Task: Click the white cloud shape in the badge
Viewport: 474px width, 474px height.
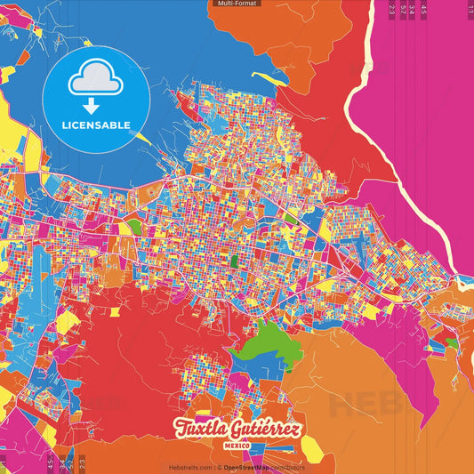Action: pyautogui.click(x=93, y=76)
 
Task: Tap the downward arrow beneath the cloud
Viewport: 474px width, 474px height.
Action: pyautogui.click(x=93, y=97)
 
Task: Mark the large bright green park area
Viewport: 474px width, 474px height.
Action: pyautogui.click(x=267, y=357)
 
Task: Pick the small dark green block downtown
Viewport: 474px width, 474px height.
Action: pyautogui.click(x=234, y=261)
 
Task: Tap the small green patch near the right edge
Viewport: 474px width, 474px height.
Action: pyautogui.click(x=452, y=342)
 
